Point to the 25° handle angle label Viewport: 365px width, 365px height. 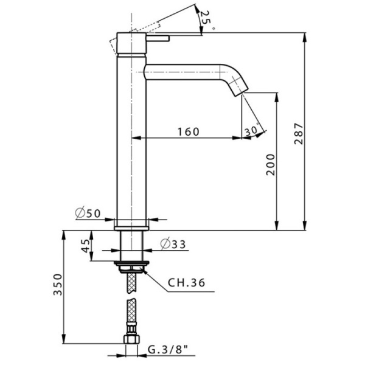tap(206, 20)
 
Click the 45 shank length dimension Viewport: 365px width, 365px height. tap(85, 246)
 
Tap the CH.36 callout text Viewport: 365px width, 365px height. tap(187, 283)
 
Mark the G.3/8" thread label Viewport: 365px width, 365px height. tap(168, 349)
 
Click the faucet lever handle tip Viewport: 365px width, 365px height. tap(165, 38)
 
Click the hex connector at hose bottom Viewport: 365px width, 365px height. tap(131, 341)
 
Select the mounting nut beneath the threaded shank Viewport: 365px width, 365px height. tap(131, 265)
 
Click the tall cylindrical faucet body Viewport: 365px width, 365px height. tap(131, 140)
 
